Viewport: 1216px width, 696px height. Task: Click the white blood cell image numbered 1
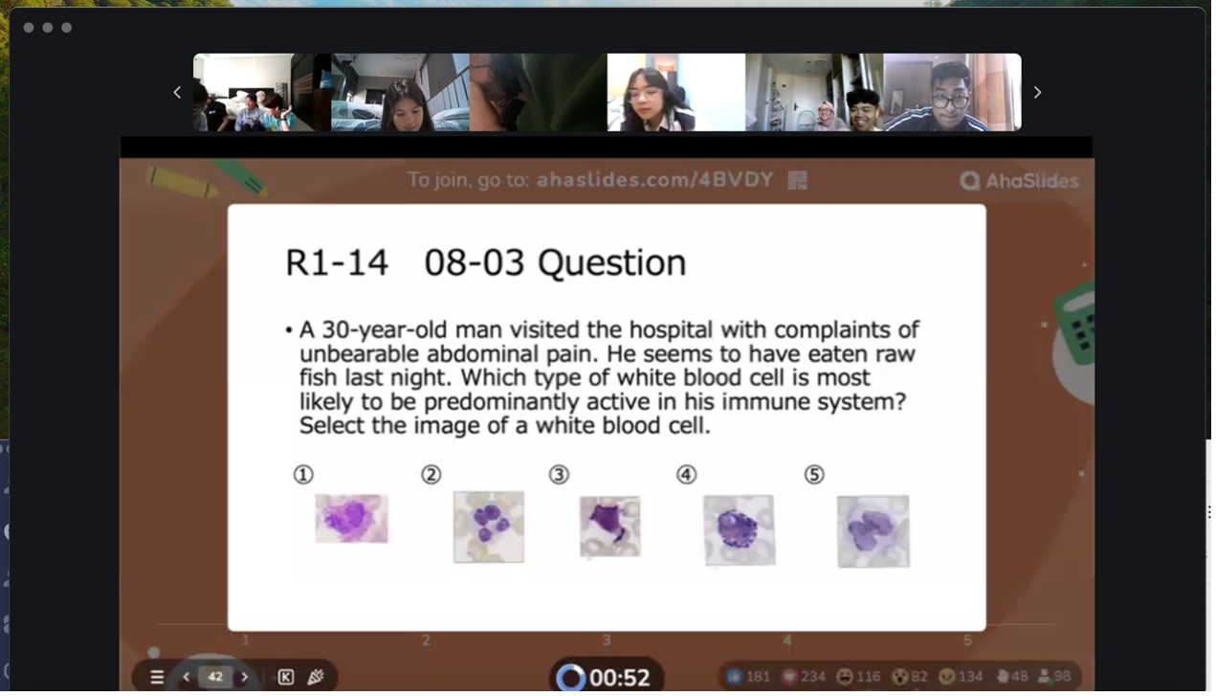(352, 518)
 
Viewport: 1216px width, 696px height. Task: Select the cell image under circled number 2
(489, 527)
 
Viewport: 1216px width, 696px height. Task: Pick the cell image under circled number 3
(610, 526)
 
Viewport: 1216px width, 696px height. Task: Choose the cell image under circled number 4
(739, 529)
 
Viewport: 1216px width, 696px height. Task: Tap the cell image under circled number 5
(873, 530)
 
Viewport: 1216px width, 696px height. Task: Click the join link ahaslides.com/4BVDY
(654, 179)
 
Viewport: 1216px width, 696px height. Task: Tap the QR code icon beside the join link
(798, 180)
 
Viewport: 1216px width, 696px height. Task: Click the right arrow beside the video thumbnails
(1037, 92)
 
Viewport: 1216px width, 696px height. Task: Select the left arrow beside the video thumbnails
(177, 92)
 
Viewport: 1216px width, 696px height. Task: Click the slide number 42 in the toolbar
(215, 677)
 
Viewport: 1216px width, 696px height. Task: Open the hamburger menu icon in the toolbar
(157, 677)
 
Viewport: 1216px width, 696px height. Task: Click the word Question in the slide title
(611, 263)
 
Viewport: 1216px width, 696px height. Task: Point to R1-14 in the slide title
(337, 263)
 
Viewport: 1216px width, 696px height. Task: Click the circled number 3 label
(559, 474)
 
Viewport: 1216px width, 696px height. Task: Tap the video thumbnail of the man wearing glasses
(952, 92)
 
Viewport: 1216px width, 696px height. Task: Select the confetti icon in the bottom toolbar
(316, 677)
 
